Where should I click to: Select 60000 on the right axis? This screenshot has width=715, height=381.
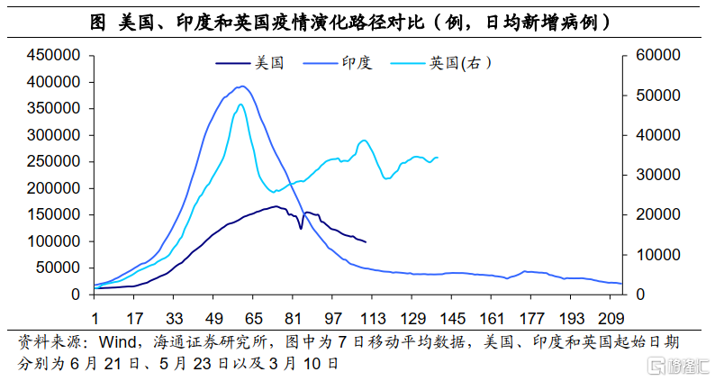coord(657,56)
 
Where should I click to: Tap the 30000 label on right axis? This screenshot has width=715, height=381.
coord(657,175)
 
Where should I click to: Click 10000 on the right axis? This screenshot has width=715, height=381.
coord(657,255)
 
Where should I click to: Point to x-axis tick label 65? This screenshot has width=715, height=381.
coord(254,318)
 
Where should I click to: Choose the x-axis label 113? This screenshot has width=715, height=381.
coord(373,318)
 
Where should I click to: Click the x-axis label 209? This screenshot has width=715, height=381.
coord(611,318)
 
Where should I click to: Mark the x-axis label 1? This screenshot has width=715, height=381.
coord(95,318)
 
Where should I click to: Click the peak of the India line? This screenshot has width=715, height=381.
coord(241,86)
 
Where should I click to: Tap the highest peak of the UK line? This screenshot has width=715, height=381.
coord(240,104)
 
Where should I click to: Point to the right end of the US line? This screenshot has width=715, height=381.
coord(366,241)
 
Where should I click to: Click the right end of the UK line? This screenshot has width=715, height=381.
coord(438,158)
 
